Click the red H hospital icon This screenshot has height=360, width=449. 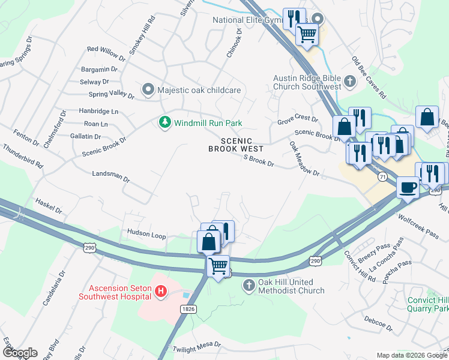tap(160, 292)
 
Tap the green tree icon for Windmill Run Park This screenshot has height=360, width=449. tap(164, 122)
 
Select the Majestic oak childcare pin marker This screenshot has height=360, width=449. tap(148, 90)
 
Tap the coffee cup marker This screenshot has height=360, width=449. tap(407, 187)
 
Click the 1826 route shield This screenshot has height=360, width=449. tap(187, 308)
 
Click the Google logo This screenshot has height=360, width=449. tap(19, 352)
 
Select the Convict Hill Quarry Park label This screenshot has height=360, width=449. tap(427, 304)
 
